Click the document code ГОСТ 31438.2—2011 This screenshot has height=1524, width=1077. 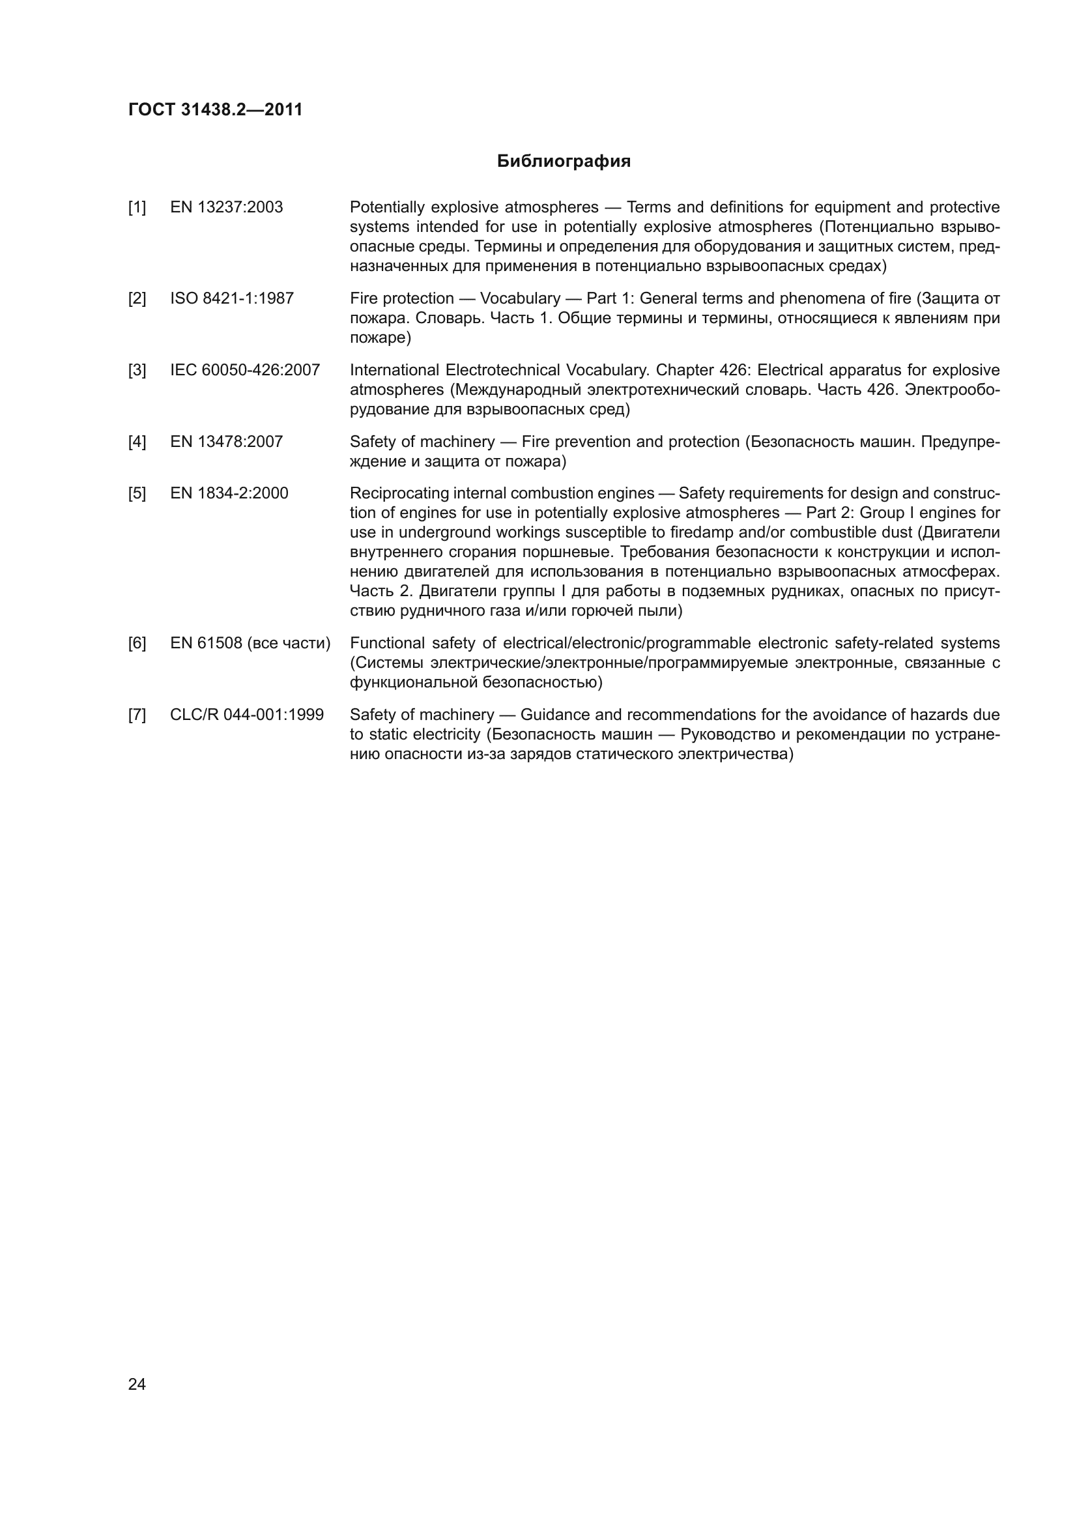tap(215, 109)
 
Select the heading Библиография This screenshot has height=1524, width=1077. tap(564, 162)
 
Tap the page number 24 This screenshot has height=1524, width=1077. tap(137, 1384)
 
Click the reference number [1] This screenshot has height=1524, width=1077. tap(137, 207)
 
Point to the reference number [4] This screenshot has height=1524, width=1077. tap(137, 441)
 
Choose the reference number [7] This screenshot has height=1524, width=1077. tap(137, 715)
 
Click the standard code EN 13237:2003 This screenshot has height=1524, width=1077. tap(226, 207)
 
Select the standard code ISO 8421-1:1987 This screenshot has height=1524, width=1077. tap(231, 298)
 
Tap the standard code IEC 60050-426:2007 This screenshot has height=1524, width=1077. tap(245, 369)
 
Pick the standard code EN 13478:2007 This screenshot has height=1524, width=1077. tap(226, 441)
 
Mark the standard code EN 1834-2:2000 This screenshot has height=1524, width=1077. tap(229, 493)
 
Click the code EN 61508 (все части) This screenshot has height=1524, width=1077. tap(250, 643)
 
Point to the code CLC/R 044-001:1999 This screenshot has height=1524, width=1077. tap(247, 715)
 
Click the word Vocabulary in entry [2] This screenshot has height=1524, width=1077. tap(519, 298)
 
